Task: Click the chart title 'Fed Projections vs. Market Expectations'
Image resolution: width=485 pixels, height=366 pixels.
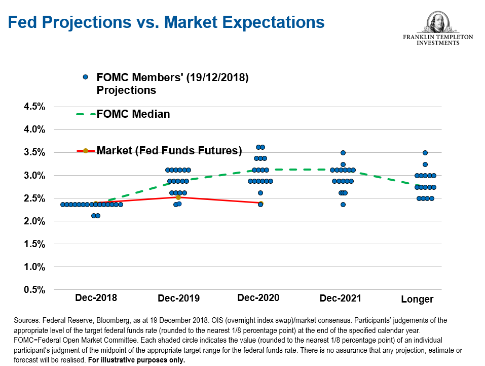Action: coord(166,22)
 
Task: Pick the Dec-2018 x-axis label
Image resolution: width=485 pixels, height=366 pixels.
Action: coord(96,297)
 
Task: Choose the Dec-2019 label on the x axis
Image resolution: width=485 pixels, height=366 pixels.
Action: coord(178,298)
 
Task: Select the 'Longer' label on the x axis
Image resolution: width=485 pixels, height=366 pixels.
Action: coord(417,299)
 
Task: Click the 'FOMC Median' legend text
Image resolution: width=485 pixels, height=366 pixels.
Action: coord(133,114)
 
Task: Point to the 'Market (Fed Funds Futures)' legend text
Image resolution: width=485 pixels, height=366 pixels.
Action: coord(169,150)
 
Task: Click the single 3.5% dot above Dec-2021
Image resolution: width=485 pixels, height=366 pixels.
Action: coord(343,153)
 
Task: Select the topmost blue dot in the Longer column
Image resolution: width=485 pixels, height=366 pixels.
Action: coord(425,153)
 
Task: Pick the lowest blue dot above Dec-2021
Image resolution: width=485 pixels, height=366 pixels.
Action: coord(343,205)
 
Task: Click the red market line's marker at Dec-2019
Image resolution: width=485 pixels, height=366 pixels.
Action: coord(178,197)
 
